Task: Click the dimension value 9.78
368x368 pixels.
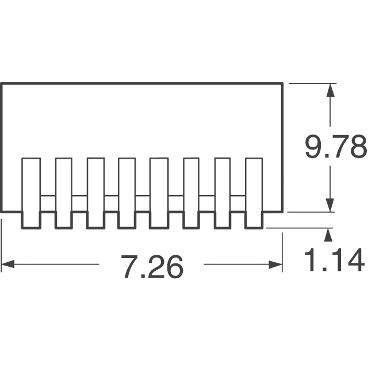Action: (335, 148)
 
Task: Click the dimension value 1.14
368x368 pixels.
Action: (334, 260)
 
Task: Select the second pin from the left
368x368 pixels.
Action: (64, 193)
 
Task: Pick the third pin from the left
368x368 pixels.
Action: (95, 193)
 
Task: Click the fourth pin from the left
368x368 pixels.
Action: (126, 193)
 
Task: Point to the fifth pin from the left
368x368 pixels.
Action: (158, 193)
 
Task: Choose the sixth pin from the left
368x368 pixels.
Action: (191, 193)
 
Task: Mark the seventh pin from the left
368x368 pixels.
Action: (223, 193)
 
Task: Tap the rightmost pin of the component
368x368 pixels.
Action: (254, 193)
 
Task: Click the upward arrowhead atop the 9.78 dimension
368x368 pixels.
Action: (330, 90)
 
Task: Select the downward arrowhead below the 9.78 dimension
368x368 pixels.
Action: (330, 206)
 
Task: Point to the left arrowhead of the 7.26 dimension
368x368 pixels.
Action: (7, 265)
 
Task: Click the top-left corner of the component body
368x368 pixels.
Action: (1, 84)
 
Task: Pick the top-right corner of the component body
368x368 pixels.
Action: (283, 84)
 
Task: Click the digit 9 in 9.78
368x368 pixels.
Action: (315, 148)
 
